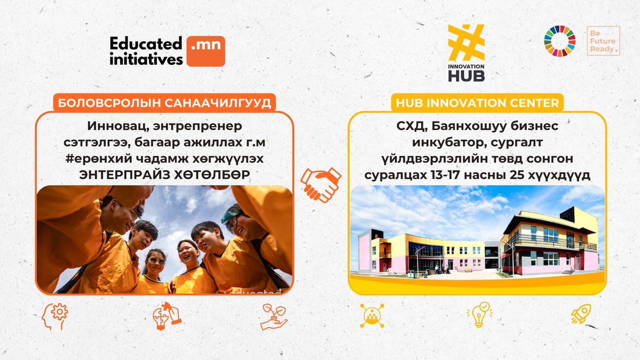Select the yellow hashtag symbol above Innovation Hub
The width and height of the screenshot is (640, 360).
click(466, 43)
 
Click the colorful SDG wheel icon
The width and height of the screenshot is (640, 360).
click(559, 41)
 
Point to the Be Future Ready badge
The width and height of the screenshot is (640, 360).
click(603, 41)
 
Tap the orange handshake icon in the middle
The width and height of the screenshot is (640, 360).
click(321, 183)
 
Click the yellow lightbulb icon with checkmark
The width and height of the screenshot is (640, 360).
click(478, 315)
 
